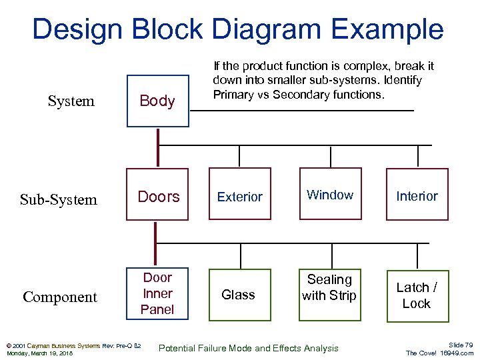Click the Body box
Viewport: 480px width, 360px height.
[158, 101]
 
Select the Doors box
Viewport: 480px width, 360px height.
[158, 197]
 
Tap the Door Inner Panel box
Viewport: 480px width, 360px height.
[158, 293]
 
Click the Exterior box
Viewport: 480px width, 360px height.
[240, 197]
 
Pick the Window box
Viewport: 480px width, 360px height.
[329, 195]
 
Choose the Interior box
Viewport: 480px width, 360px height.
[417, 195]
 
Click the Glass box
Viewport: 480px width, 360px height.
[239, 295]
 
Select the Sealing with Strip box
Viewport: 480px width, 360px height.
[329, 288]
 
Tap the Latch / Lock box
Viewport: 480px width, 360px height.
[417, 295]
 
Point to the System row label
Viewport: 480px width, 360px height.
[71, 101]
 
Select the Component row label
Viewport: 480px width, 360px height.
[60, 297]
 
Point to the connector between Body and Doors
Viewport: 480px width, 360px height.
[158, 147]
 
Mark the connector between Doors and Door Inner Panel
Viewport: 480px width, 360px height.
[156, 244]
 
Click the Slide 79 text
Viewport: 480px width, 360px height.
[460, 344]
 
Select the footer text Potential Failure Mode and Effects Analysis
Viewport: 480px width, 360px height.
[248, 348]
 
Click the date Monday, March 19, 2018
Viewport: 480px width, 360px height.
[39, 353]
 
